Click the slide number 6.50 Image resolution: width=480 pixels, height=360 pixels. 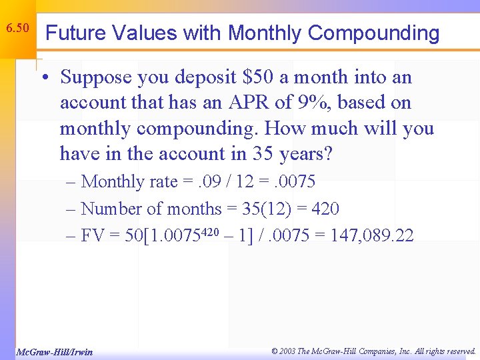[17, 29]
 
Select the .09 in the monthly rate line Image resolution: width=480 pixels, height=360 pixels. [201, 182]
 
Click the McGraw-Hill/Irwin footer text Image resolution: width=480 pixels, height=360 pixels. [54, 351]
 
